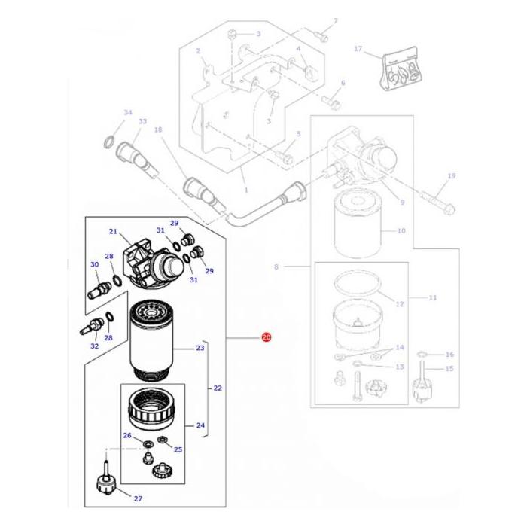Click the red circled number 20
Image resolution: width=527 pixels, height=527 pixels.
(266, 339)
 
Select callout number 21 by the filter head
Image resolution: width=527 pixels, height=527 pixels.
(114, 231)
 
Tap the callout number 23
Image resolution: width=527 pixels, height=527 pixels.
(200, 348)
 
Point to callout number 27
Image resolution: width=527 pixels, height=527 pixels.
(138, 499)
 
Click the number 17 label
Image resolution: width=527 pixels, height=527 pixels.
(359, 49)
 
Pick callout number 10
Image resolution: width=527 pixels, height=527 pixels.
(401, 230)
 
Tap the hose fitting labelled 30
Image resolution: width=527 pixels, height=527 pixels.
(99, 287)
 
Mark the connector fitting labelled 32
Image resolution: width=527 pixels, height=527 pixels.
(90, 328)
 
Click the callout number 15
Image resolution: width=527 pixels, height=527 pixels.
(450, 368)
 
